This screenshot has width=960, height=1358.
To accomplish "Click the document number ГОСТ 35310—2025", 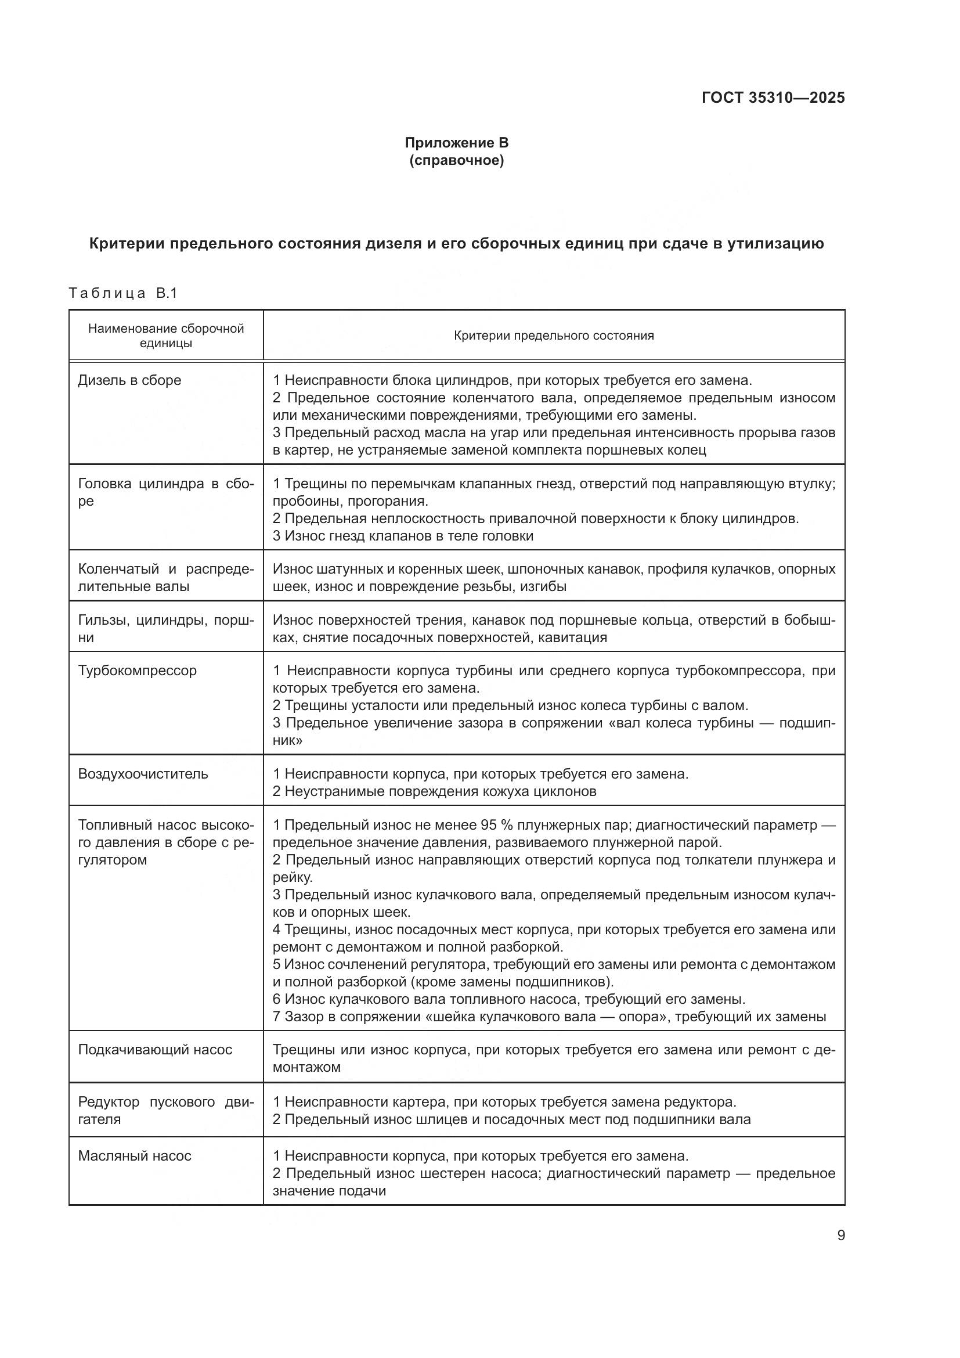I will pyautogui.click(x=773, y=98).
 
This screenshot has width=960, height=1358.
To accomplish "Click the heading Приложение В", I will pyautogui.click(x=456, y=143).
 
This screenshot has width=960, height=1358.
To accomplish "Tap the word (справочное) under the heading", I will pyautogui.click(x=456, y=161).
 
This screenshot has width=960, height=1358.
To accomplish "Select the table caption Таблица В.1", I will pyautogui.click(x=123, y=293).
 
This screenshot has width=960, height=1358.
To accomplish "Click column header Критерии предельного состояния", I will pyautogui.click(x=553, y=336).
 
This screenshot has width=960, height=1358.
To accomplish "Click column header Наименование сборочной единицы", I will pyautogui.click(x=165, y=336).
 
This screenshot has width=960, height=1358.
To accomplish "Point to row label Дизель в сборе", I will pyautogui.click(x=129, y=380).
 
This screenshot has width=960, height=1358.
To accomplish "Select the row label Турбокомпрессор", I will pyautogui.click(x=137, y=671).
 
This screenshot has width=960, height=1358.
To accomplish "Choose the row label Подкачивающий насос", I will pyautogui.click(x=155, y=1049).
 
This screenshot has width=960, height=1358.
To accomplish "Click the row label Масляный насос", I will pyautogui.click(x=135, y=1156).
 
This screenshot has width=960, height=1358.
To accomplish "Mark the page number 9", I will pyautogui.click(x=840, y=1235).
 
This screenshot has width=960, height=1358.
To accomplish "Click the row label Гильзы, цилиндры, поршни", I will pyautogui.click(x=165, y=628).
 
